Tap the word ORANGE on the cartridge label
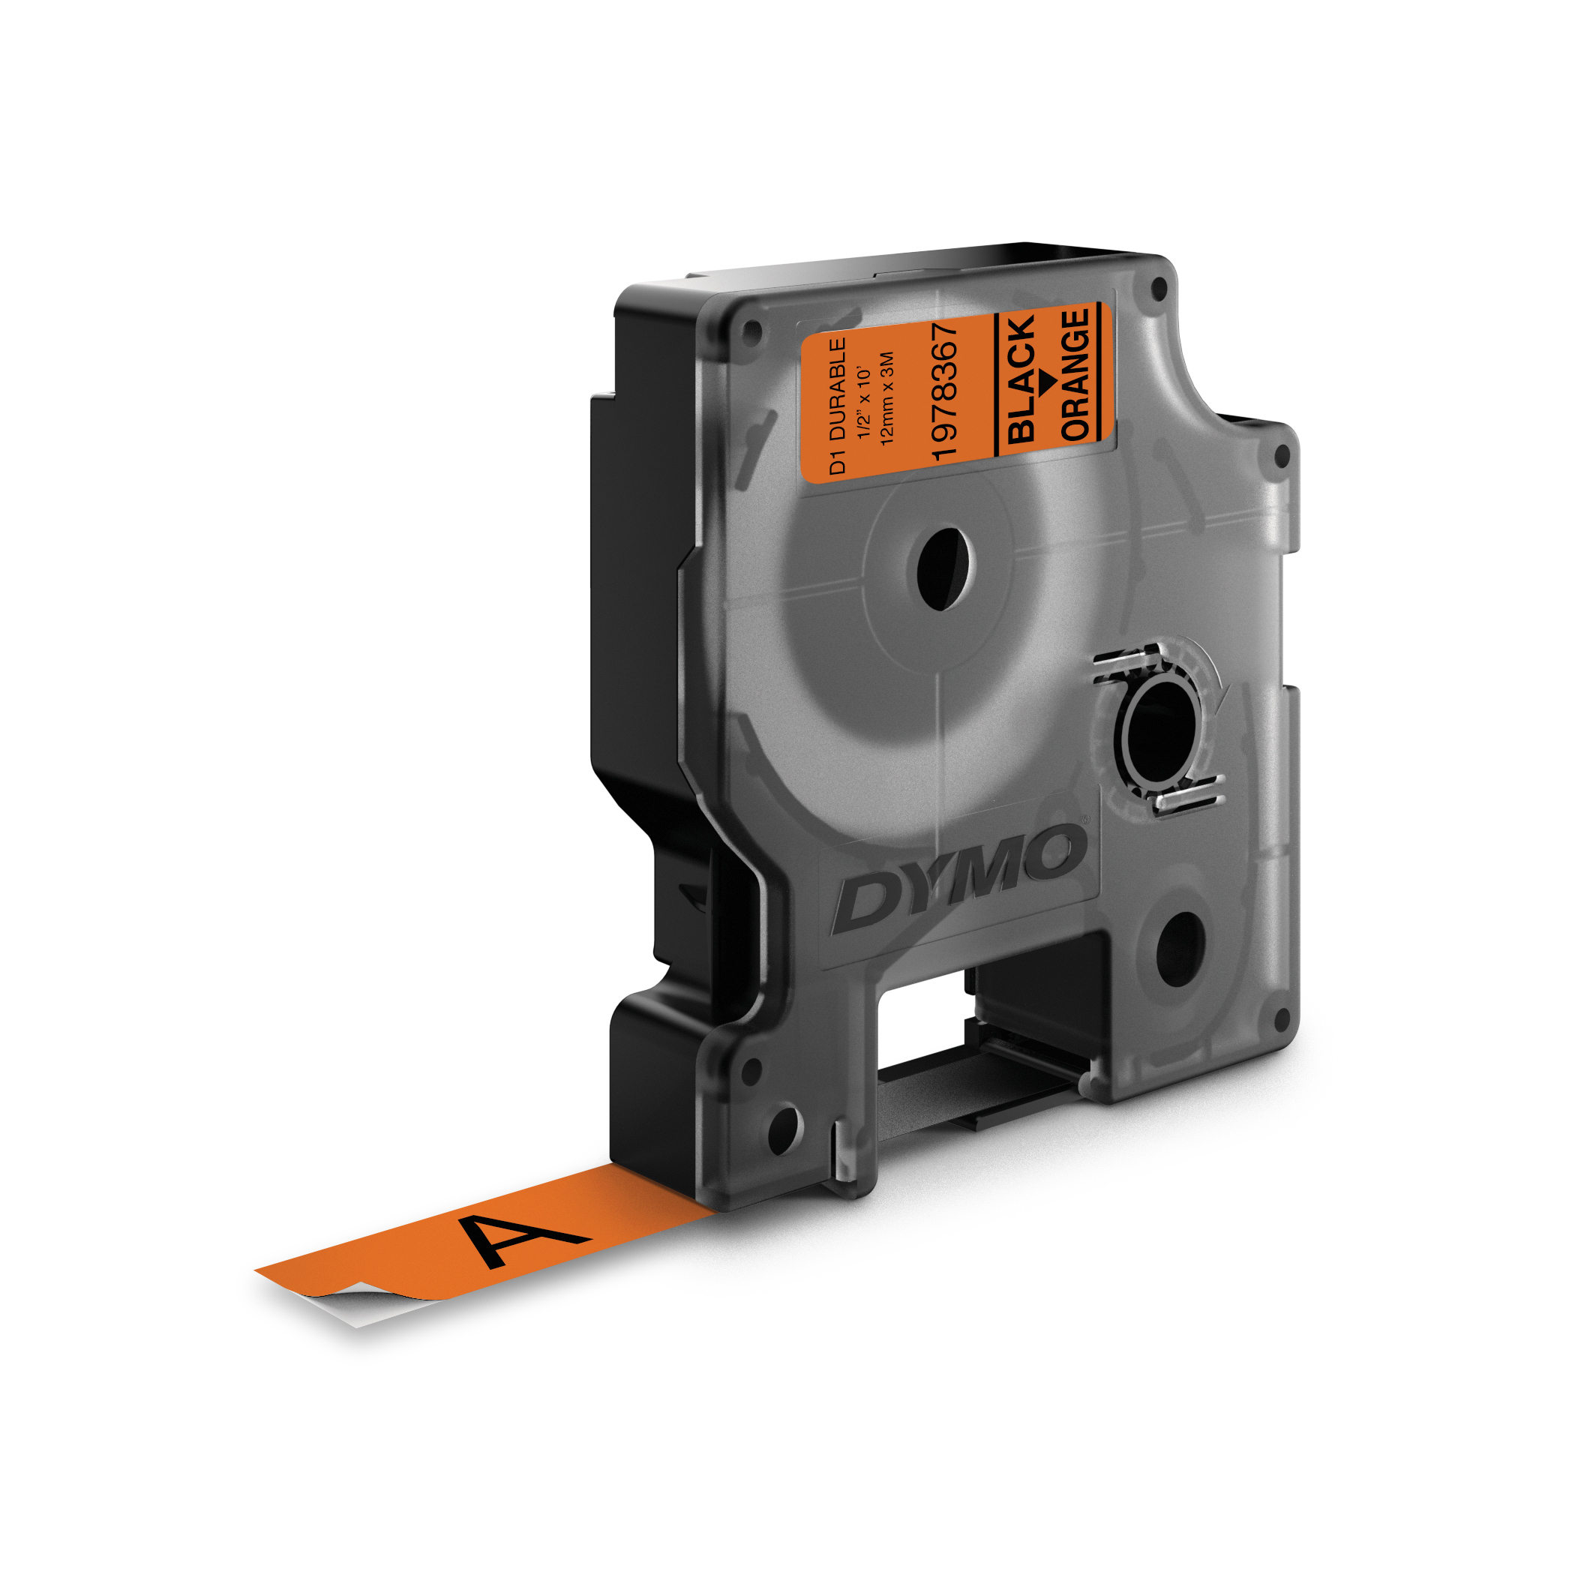pos(1076,374)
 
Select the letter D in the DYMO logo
pos(866,902)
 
